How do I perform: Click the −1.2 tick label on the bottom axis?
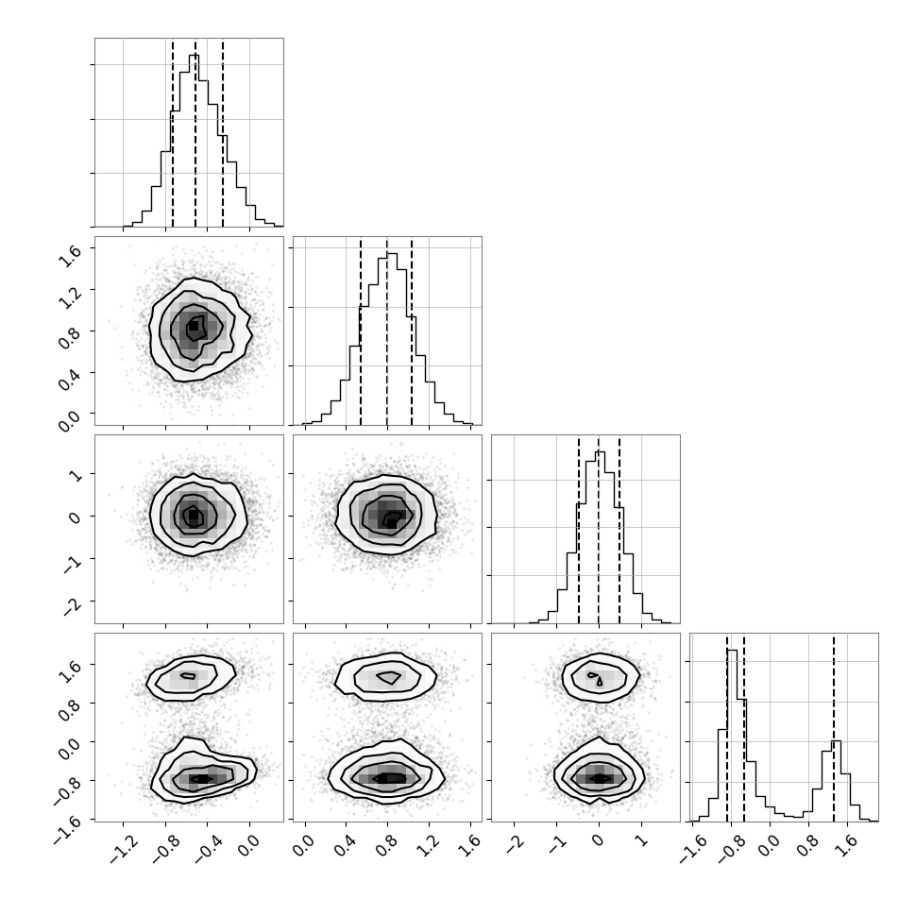tap(126, 846)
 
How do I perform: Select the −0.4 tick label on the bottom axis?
tap(210, 846)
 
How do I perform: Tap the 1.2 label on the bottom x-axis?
tap(429, 845)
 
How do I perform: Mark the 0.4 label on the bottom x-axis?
tap(346, 845)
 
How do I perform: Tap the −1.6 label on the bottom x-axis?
tap(695, 846)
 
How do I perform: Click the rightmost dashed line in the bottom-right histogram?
tap(834, 728)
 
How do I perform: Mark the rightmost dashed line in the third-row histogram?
tap(619, 530)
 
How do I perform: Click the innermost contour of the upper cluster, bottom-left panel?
tap(188, 676)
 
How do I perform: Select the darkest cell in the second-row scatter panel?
tap(193, 327)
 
